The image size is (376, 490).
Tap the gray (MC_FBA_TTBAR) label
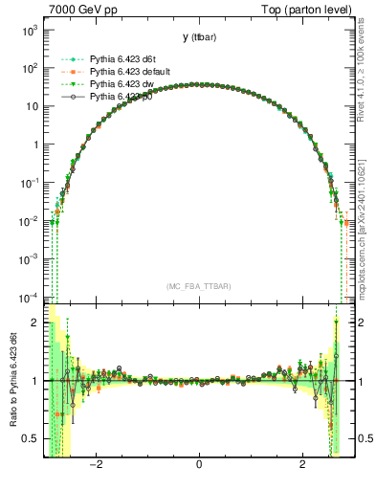pyautogui.click(x=199, y=286)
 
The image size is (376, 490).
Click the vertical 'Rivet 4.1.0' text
pyautogui.click(x=367, y=77)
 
